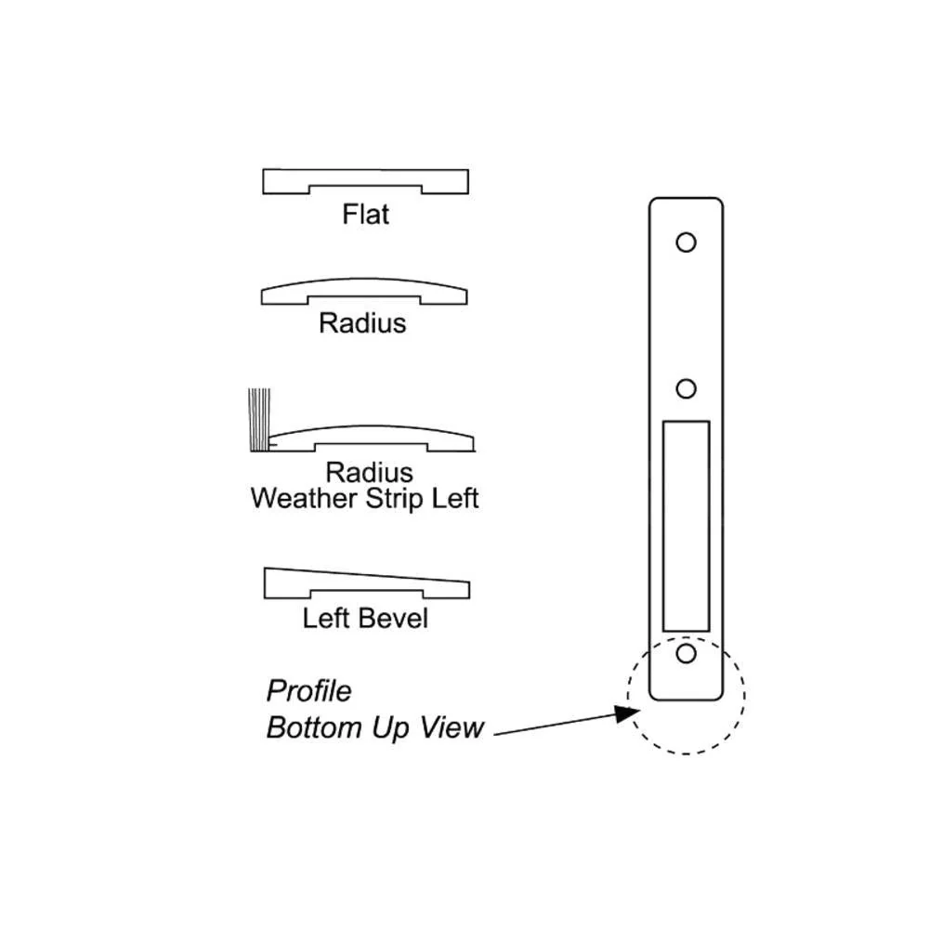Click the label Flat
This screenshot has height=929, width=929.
pyautogui.click(x=365, y=215)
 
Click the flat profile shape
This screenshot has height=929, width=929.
pyautogui.click(x=365, y=177)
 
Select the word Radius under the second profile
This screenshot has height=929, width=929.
pyautogui.click(x=362, y=323)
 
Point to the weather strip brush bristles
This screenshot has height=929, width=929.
pyautogui.click(x=257, y=421)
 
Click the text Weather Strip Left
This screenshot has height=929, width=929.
pyautogui.click(x=364, y=498)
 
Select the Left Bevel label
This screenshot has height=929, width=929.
pyautogui.click(x=365, y=618)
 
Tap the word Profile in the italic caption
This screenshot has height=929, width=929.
pyautogui.click(x=308, y=691)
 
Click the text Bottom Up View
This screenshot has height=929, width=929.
pyautogui.click(x=374, y=727)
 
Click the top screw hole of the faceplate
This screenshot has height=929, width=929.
pyautogui.click(x=686, y=242)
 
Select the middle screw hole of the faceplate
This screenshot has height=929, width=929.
pyautogui.click(x=686, y=387)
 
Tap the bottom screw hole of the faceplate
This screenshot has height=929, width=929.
pyautogui.click(x=686, y=654)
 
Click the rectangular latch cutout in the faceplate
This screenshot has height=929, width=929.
pyautogui.click(x=686, y=523)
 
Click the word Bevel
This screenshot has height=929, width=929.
pyautogui.click(x=395, y=618)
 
